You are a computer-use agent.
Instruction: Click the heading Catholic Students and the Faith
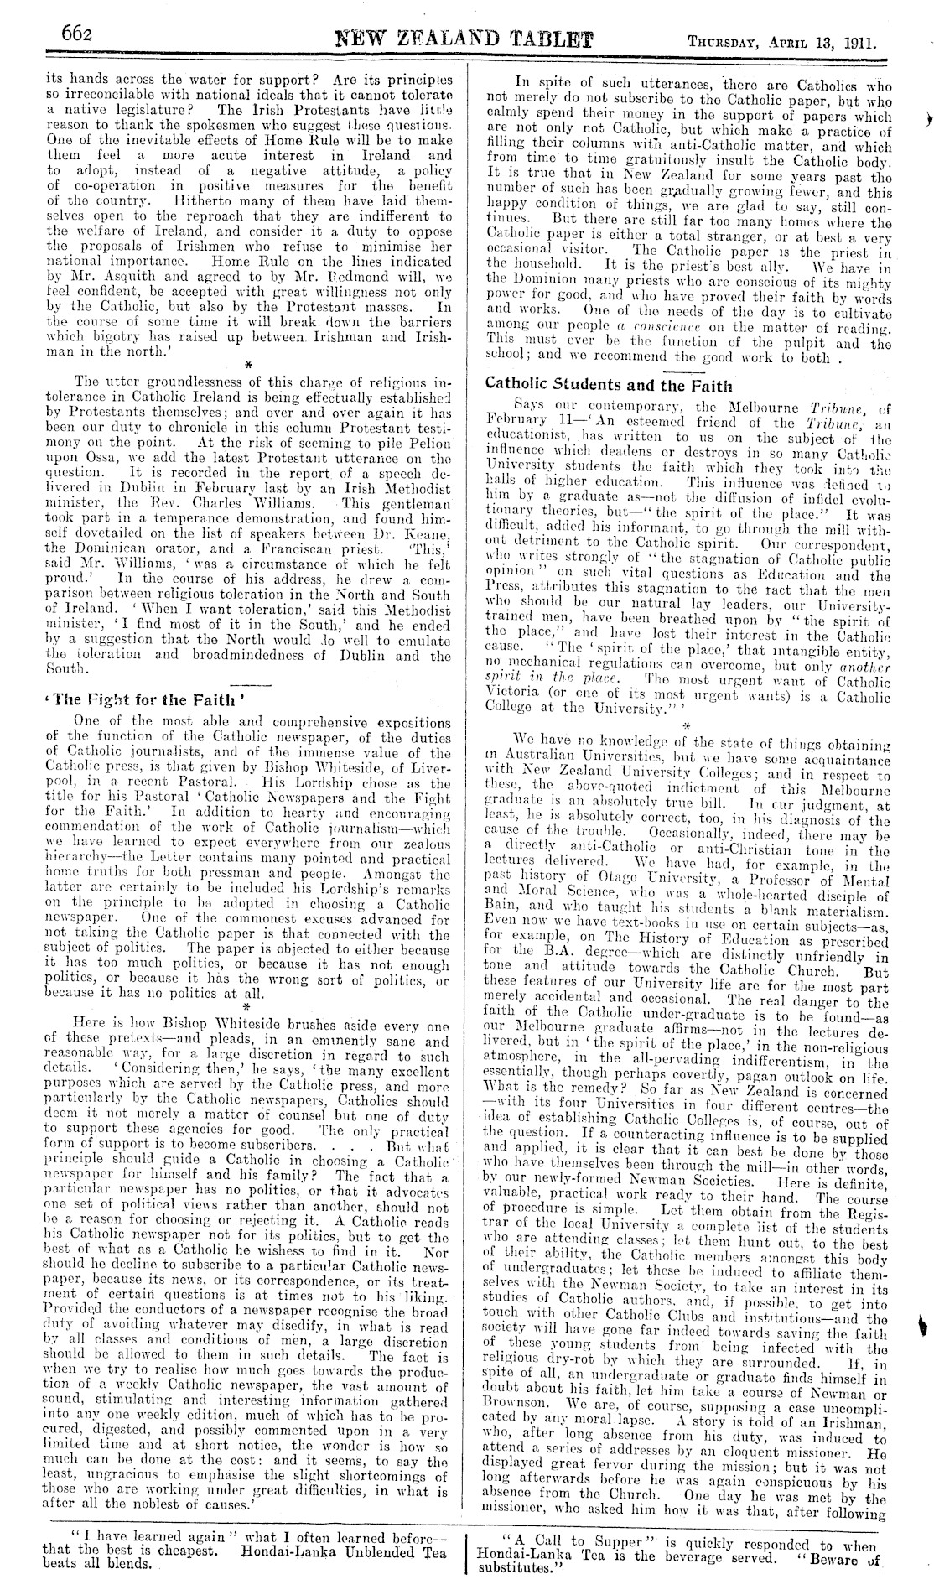pyautogui.click(x=609, y=385)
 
